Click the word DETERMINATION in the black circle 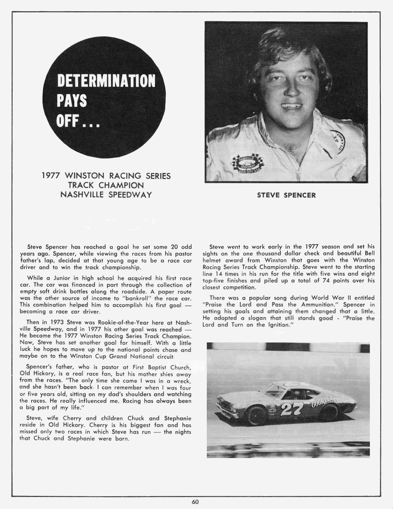[x=106, y=81]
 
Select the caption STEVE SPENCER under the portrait [x=286, y=195]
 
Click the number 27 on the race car [x=292, y=409]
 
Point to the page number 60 [x=195, y=502]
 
